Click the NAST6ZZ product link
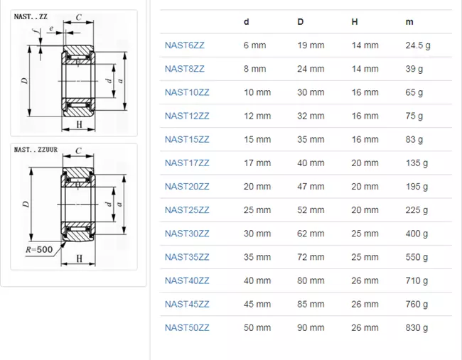click(x=185, y=45)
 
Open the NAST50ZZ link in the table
click(x=187, y=327)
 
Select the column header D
click(x=300, y=22)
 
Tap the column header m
click(x=409, y=22)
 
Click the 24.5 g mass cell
click(x=418, y=45)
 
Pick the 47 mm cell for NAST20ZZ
click(x=311, y=187)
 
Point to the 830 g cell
click(x=417, y=327)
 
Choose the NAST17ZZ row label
click(x=187, y=163)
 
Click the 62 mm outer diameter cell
click(x=311, y=234)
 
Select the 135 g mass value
click(x=417, y=163)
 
